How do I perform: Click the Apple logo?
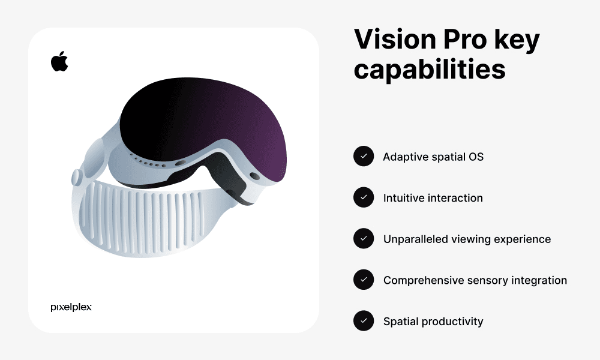tap(59, 61)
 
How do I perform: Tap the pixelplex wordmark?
tap(71, 307)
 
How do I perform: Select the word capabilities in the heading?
tap(430, 69)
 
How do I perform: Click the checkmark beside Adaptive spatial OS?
tap(364, 157)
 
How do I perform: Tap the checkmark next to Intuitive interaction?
tap(364, 197)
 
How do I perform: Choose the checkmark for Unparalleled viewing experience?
tap(364, 239)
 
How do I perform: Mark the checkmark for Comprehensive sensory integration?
tap(364, 280)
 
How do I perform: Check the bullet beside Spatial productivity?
tap(364, 321)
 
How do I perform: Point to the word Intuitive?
tap(403, 198)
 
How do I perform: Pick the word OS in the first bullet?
tap(475, 157)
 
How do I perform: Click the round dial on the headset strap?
tap(77, 177)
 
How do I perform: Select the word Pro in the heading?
tap(460, 40)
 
